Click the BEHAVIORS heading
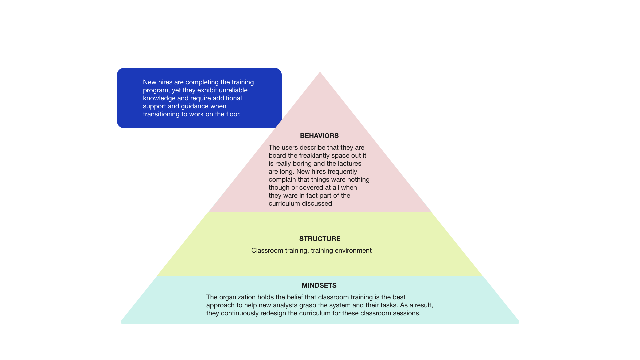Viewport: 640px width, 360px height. point(319,136)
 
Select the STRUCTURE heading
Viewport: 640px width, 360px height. point(320,239)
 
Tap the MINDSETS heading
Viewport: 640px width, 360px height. point(319,285)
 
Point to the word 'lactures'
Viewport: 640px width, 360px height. point(349,163)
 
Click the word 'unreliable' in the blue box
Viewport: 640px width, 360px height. point(233,90)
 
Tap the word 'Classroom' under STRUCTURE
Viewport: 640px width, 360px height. point(265,250)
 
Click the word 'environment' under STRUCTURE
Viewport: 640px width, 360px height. point(353,250)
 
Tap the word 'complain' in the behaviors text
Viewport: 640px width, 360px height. point(282,179)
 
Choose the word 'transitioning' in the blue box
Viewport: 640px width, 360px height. point(161,114)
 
